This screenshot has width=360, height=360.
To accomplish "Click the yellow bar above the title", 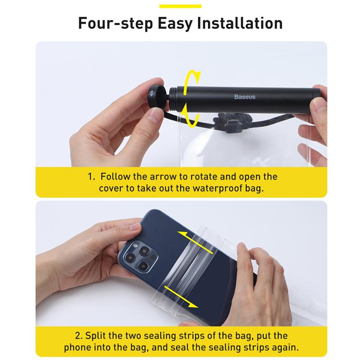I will click(x=180, y=5).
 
